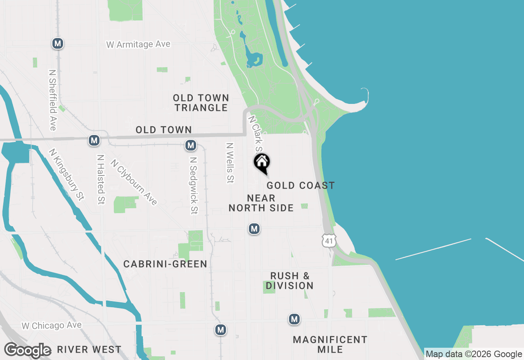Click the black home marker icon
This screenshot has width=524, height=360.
coord(262,163)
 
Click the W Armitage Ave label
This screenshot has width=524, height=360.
coord(138,44)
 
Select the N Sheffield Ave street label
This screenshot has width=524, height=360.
coord(52,100)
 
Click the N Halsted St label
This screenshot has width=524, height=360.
coord(100,179)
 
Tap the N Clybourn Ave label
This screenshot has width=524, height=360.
coord(134,182)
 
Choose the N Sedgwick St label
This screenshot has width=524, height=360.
coord(194,184)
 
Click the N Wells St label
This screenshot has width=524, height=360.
coord(230,162)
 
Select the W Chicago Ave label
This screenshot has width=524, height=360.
coord(52,326)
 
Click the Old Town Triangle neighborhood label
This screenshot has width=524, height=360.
coord(201,103)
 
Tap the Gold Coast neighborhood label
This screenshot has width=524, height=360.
coord(300,186)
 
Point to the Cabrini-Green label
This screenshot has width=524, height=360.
coord(165,264)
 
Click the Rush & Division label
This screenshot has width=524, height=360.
coord(289,281)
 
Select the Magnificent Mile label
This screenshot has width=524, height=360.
coord(330,344)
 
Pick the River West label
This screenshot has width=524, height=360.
coord(89,350)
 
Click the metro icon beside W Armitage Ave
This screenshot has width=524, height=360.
coord(58,43)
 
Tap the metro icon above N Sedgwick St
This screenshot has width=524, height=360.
coord(190,145)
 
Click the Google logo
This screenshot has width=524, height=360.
coord(27,351)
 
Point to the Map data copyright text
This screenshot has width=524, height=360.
coord(474,354)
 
